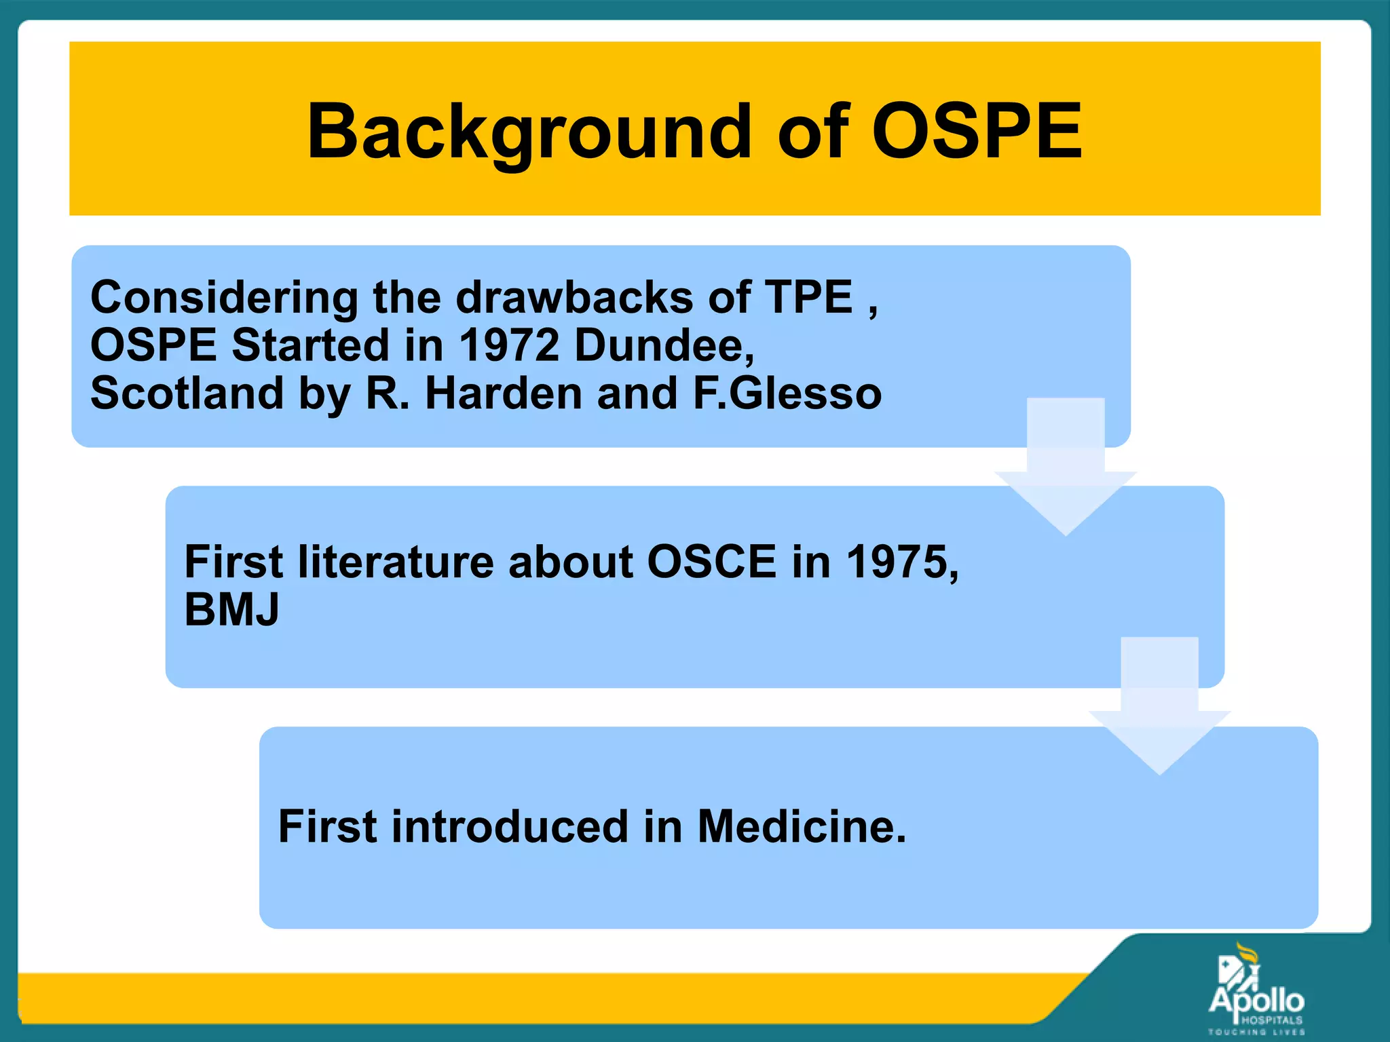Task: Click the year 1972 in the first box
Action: click(509, 345)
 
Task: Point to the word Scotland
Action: click(187, 393)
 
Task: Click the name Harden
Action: click(504, 393)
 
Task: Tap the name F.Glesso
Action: click(787, 393)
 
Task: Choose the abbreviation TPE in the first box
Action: click(808, 297)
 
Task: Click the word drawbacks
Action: click(574, 297)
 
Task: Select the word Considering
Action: click(224, 297)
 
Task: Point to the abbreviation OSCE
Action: click(711, 562)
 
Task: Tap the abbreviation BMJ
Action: click(231, 609)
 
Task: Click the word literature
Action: click(396, 562)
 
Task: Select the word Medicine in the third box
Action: click(802, 826)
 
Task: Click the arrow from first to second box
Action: click(1066, 468)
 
